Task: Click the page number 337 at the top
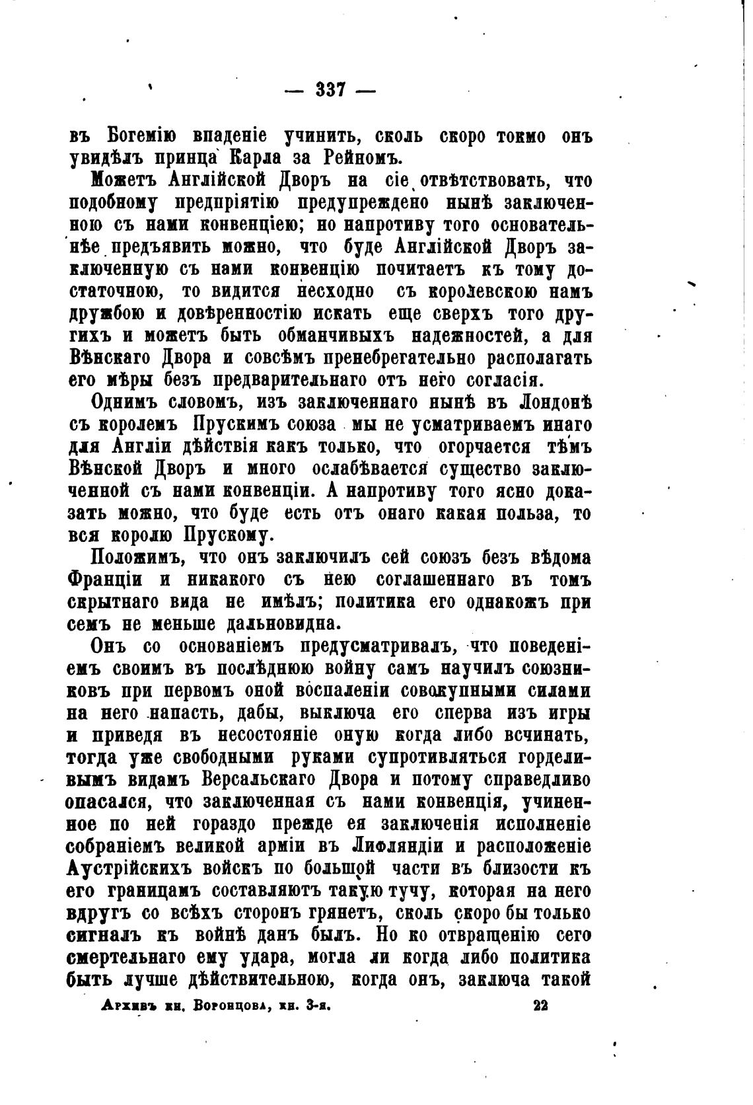click(x=330, y=89)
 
